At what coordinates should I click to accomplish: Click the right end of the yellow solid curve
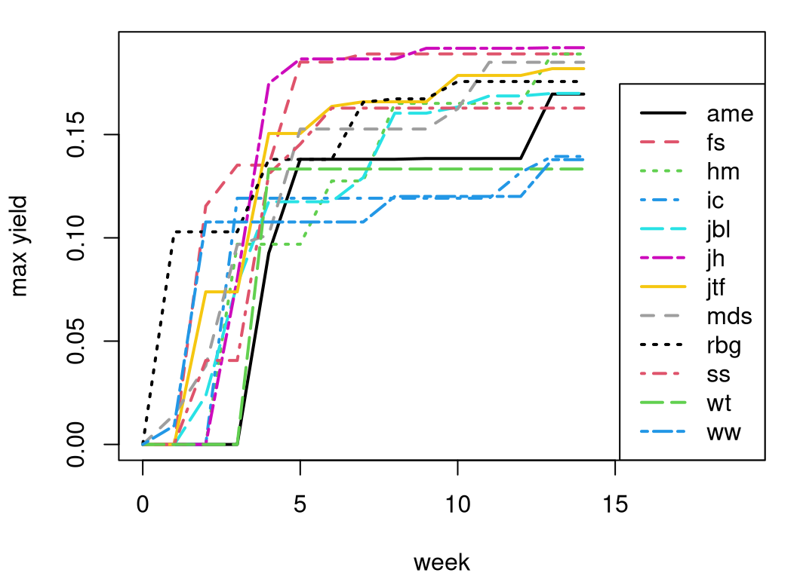tap(583, 69)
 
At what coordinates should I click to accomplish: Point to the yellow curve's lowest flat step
tap(221, 291)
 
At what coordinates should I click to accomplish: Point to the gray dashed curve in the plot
tap(362, 129)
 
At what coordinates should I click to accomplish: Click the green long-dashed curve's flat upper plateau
tap(423, 169)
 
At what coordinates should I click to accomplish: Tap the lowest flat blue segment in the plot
tap(302, 222)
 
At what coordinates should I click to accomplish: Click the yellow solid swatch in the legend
tap(663, 286)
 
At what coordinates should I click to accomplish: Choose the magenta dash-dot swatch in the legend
tap(663, 258)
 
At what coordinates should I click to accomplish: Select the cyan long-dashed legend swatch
tap(663, 228)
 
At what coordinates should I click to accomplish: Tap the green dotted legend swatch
tap(661, 171)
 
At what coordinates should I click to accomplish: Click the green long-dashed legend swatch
tap(663, 402)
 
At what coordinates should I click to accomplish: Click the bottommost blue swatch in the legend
tap(663, 431)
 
